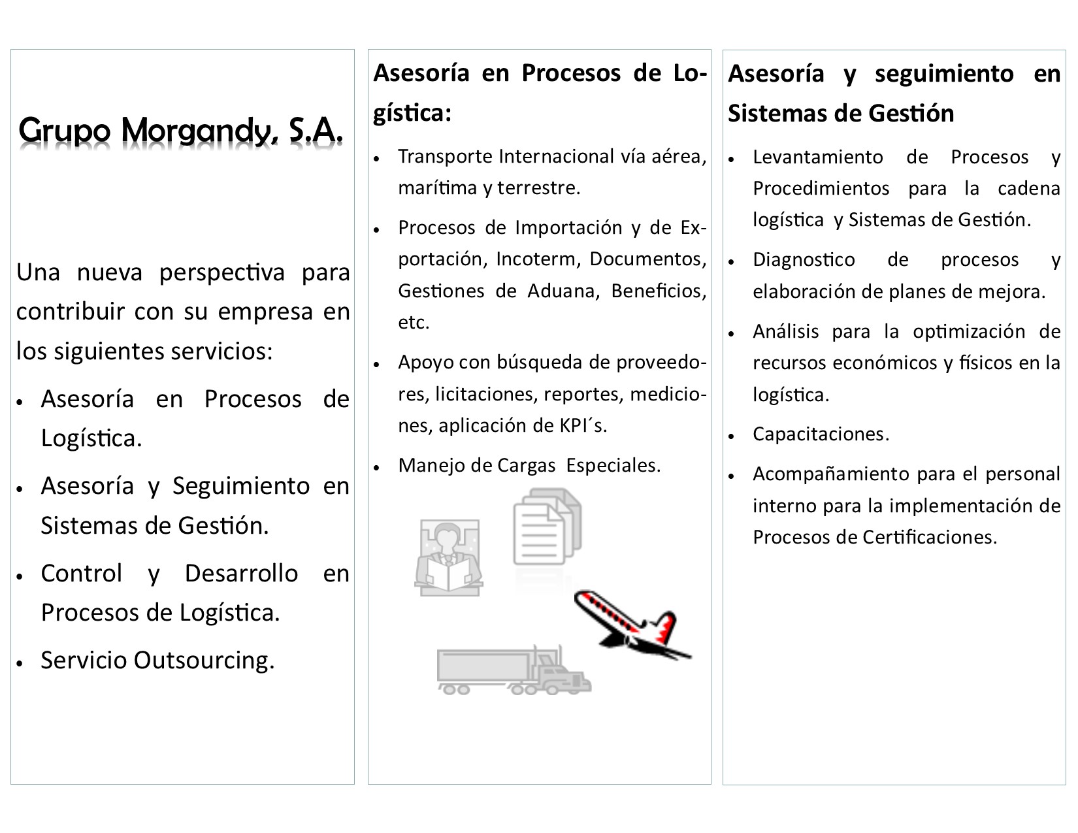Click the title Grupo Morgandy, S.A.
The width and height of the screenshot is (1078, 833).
[x=181, y=131]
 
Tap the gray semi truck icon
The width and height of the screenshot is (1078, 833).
[x=514, y=671]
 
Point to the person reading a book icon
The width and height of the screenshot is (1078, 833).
[x=448, y=557]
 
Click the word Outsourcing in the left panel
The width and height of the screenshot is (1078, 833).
[x=203, y=661]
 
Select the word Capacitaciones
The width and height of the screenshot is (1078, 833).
[x=821, y=434]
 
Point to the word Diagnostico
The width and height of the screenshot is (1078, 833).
[x=804, y=259]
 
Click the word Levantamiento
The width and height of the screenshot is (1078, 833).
[x=817, y=157]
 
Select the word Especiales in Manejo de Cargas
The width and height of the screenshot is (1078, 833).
[x=613, y=465]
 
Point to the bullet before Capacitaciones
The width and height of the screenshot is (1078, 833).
[x=733, y=436]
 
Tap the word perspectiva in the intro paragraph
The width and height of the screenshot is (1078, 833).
[x=222, y=272]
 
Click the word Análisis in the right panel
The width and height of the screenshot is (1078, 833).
[x=785, y=331]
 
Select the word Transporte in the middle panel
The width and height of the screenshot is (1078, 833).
[x=445, y=157]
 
